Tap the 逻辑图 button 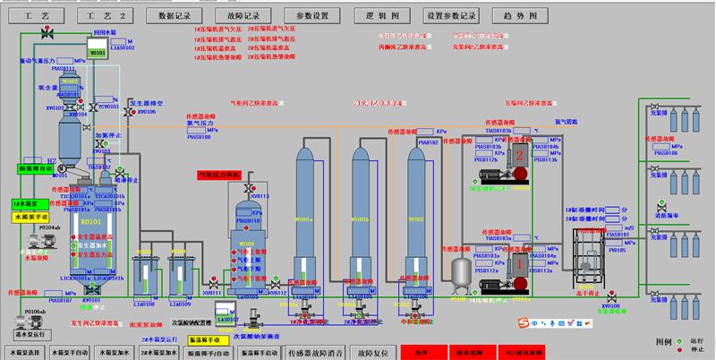click(381, 15)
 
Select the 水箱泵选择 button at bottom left click(22, 353)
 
